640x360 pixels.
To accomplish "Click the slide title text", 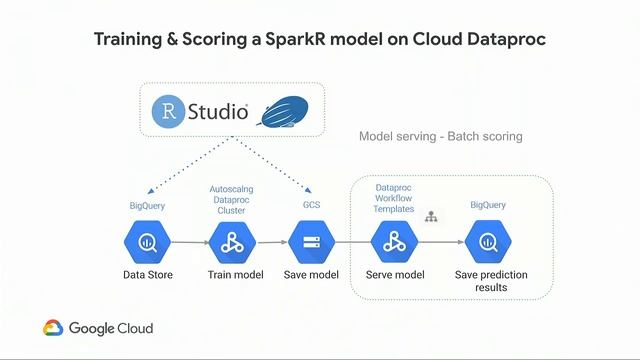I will [x=320, y=40].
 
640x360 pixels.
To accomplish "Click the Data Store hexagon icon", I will [x=145, y=242].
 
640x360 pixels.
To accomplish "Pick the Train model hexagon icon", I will [x=232, y=242].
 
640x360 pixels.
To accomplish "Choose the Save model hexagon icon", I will [x=311, y=242].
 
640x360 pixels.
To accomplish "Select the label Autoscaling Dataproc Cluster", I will [x=232, y=199].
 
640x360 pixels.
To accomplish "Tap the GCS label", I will [x=311, y=204].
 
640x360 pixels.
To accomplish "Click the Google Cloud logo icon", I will [x=54, y=328].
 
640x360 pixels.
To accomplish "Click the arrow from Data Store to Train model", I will [x=189, y=242].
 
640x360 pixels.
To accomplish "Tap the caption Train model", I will [x=232, y=275].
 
